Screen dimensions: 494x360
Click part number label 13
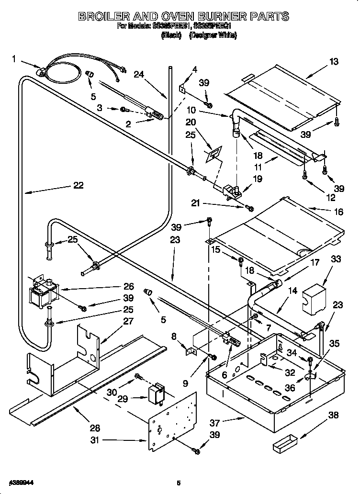[x=333, y=61]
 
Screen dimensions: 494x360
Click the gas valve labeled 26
[x=42, y=292]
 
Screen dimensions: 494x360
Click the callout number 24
[x=139, y=74]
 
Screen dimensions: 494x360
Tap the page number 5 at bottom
[x=178, y=483]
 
